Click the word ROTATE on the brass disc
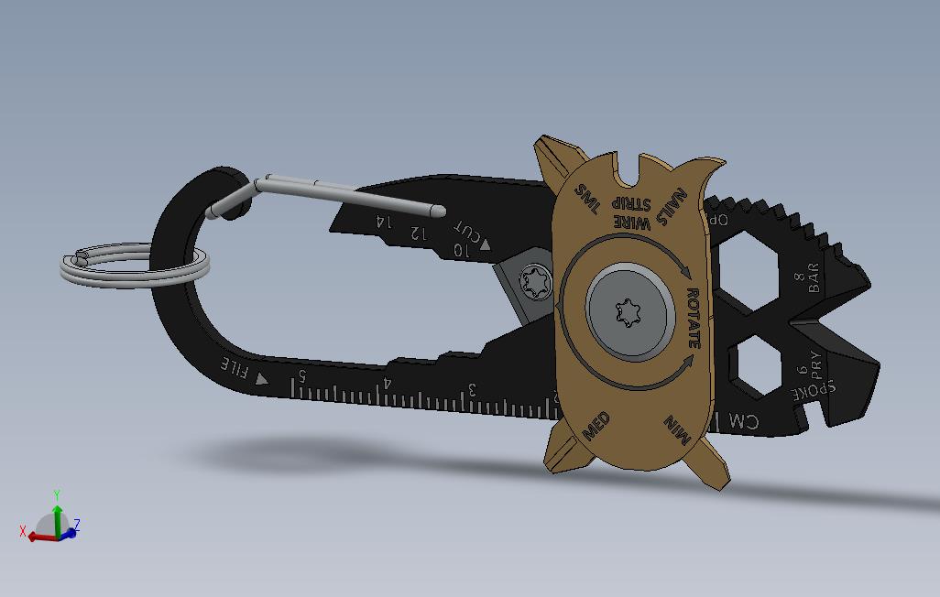[x=694, y=318]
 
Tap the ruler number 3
[x=473, y=390]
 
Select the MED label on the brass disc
[x=596, y=427]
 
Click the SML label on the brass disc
[x=586, y=199]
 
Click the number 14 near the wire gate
[x=382, y=221]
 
